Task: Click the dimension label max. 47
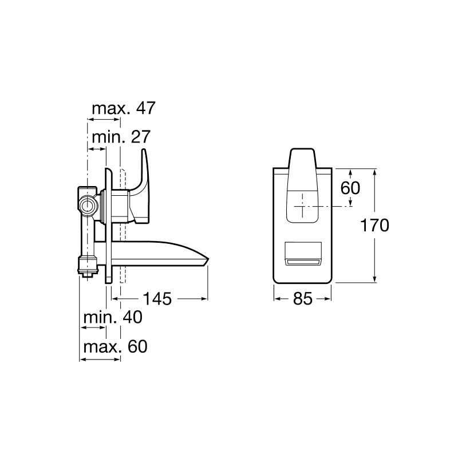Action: [x=124, y=108]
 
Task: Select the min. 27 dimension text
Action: [x=121, y=137]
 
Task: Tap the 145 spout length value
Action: [x=157, y=299]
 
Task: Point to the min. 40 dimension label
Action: [x=113, y=317]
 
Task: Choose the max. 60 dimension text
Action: [x=116, y=347]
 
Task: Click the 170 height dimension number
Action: [x=374, y=225]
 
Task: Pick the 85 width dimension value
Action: [x=303, y=299]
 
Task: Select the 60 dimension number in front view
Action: [x=350, y=188]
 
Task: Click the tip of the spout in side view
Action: [x=208, y=259]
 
